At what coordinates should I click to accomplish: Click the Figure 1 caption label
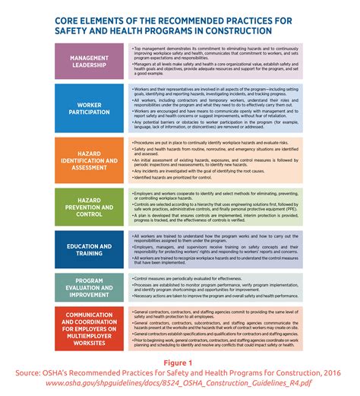click(x=180, y=363)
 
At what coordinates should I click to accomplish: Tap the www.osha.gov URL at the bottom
click(x=180, y=385)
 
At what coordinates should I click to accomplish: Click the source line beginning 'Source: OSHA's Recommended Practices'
click(x=180, y=374)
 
